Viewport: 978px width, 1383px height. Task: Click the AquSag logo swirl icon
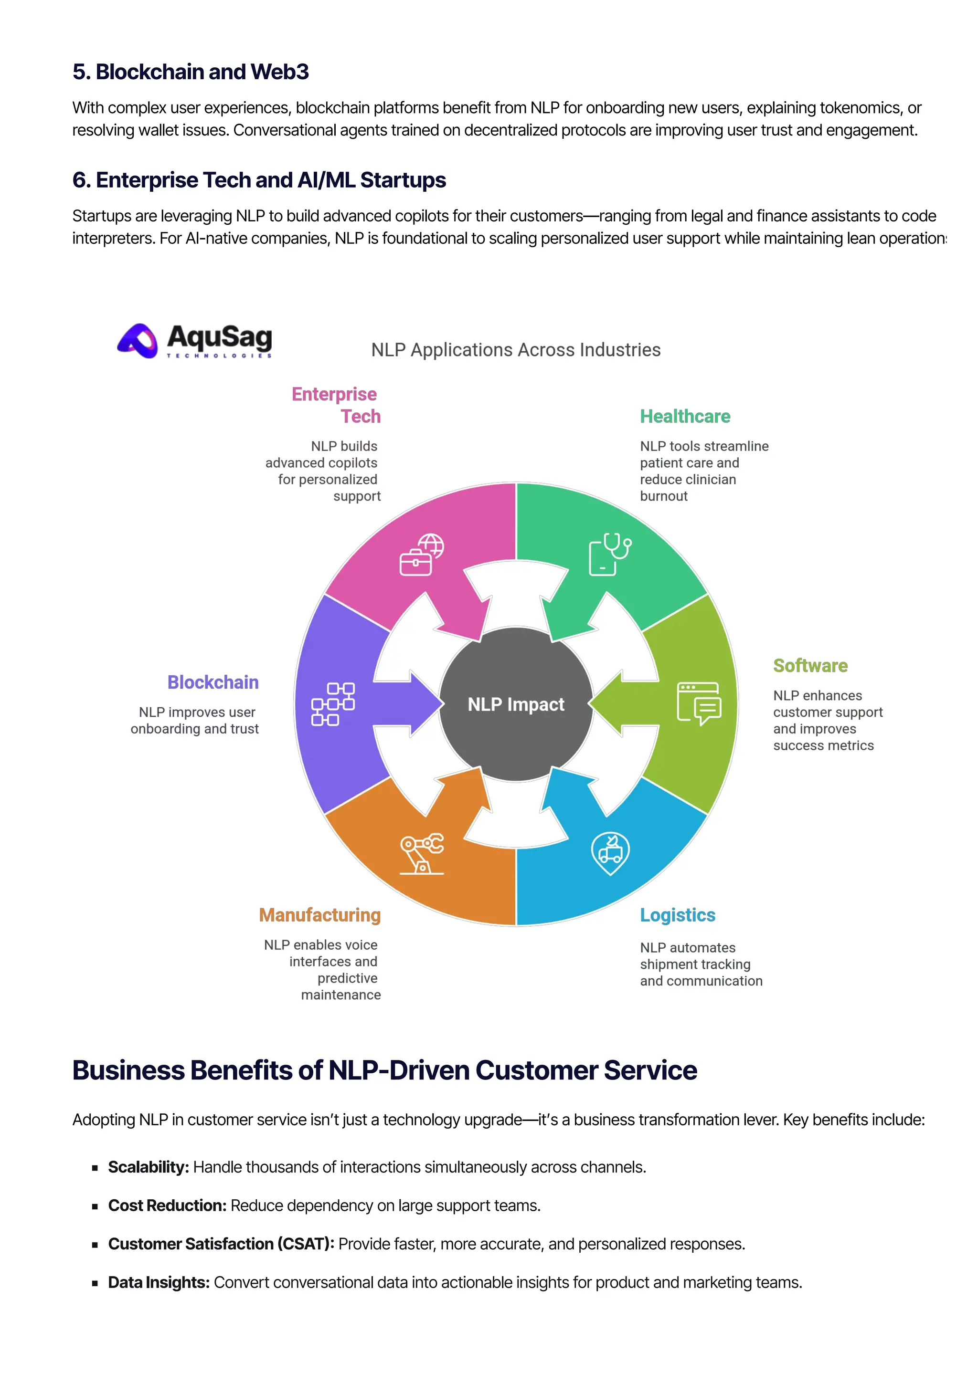tap(138, 341)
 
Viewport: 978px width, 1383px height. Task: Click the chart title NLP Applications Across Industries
tap(515, 350)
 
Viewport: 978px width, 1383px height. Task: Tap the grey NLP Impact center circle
tap(516, 704)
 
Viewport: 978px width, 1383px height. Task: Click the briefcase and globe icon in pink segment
tap(422, 555)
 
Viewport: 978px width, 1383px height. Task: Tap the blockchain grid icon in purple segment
tap(333, 704)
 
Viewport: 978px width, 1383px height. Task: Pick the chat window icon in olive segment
tap(699, 703)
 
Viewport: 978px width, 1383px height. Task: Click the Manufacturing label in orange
tap(319, 915)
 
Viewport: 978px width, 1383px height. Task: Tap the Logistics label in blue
tap(677, 915)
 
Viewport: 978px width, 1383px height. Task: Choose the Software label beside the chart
tap(810, 666)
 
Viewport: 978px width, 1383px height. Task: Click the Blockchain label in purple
tap(213, 682)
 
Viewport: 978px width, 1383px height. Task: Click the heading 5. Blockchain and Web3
tap(191, 72)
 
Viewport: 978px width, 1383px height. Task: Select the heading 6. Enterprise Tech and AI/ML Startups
tap(259, 180)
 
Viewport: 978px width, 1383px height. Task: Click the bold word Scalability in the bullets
tap(148, 1167)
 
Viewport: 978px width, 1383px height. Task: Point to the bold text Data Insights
tap(159, 1283)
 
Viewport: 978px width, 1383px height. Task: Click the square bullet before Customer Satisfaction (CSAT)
tap(95, 1245)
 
